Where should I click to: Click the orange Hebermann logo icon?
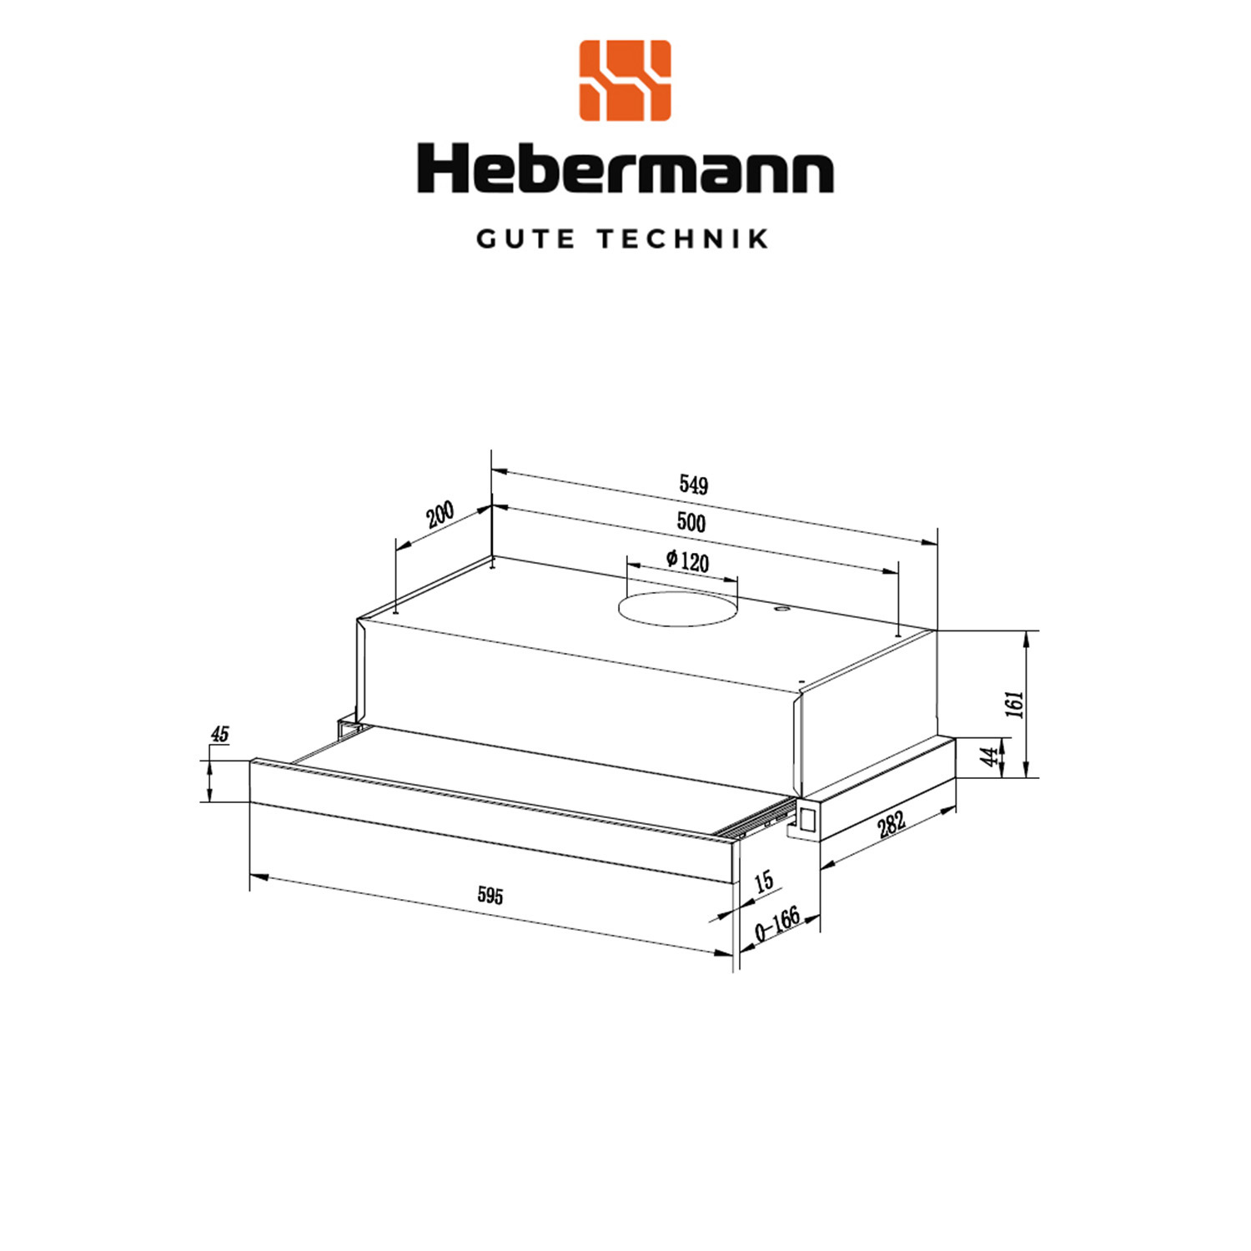click(625, 80)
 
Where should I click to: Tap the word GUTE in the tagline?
click(525, 239)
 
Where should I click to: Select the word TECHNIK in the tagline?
click(683, 239)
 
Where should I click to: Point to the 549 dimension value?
click(693, 485)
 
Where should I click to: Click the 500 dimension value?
click(691, 522)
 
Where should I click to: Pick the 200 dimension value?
click(440, 515)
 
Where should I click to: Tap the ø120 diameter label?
click(688, 560)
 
